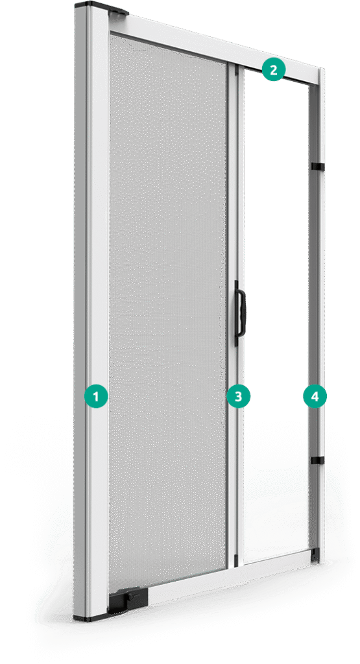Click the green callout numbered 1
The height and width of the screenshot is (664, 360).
96,397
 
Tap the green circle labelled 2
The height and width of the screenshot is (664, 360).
273,69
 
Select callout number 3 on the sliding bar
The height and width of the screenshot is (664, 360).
239,397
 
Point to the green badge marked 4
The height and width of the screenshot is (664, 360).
315,397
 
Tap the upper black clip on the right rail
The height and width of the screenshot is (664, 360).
317,167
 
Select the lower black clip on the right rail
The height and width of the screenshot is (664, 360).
317,460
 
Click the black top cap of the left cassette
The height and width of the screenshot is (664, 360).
101,8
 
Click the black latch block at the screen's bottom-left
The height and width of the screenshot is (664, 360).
128,599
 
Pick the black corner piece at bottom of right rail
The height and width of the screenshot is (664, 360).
315,555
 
